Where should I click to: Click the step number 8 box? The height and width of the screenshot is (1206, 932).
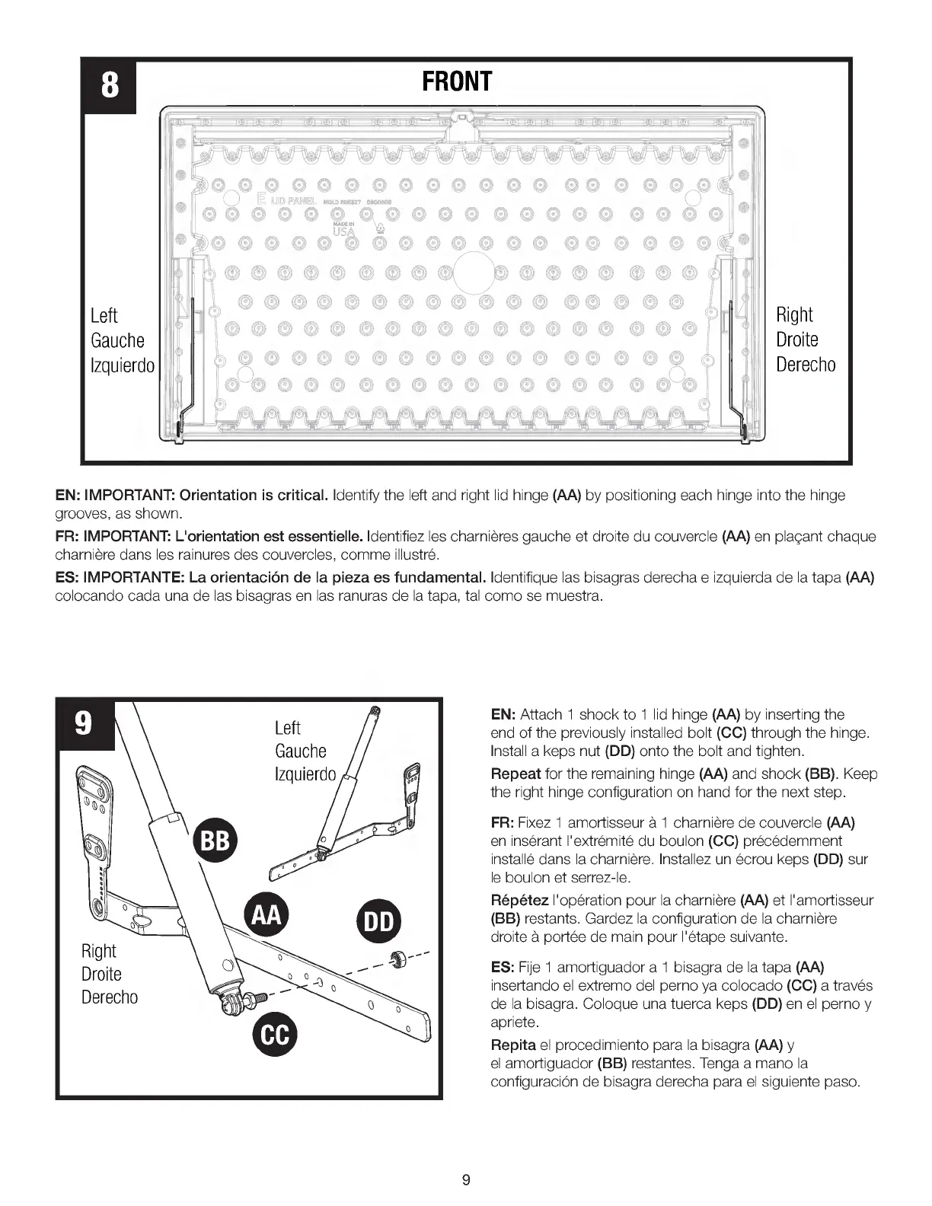[109, 87]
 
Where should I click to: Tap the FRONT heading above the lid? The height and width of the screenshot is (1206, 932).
[458, 81]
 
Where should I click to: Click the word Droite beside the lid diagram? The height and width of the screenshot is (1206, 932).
[797, 340]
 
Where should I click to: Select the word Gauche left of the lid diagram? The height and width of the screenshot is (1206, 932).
[117, 340]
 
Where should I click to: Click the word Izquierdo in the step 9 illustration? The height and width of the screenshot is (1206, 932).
[305, 774]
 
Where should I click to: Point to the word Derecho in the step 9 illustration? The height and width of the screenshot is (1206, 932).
[110, 997]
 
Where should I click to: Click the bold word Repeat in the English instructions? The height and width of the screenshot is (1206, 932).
[516, 774]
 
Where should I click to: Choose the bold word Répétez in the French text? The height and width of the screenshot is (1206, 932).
[519, 899]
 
